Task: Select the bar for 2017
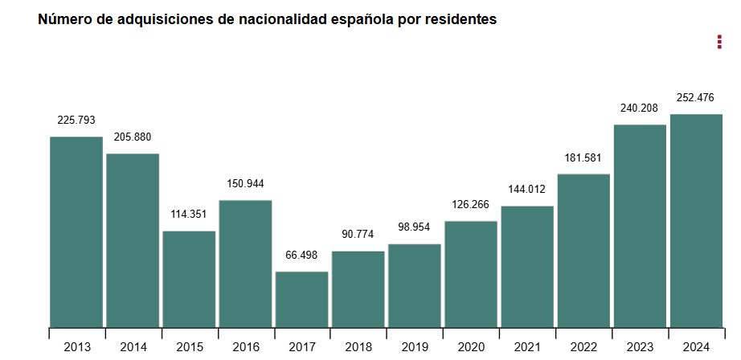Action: click(x=301, y=299)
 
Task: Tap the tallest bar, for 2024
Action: click(x=696, y=220)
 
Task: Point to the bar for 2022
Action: click(x=583, y=250)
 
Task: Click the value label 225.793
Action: click(x=76, y=120)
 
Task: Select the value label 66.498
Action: click(x=301, y=255)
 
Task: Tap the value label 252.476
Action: click(x=696, y=97)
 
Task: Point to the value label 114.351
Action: click(x=189, y=215)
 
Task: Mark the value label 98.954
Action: click(x=414, y=227)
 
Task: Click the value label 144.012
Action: click(x=526, y=190)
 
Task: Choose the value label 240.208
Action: click(x=640, y=108)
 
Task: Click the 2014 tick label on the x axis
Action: click(x=133, y=347)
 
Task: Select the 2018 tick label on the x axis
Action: click(x=358, y=347)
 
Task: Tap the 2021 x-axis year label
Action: click(x=526, y=347)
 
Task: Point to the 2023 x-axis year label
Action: click(x=640, y=347)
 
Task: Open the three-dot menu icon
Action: click(x=719, y=42)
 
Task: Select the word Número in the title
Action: click(x=64, y=19)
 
